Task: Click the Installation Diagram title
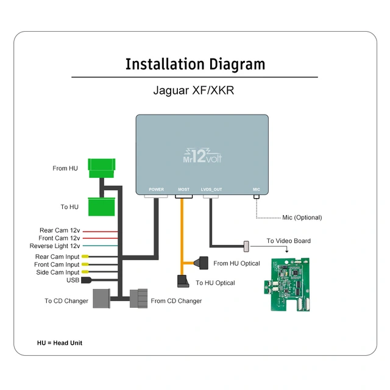[195, 65]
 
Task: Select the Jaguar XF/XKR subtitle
[194, 91]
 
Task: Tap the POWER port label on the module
[157, 190]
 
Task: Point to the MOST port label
[183, 190]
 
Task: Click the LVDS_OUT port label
[211, 190]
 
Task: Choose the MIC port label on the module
[257, 190]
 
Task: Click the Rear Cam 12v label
[59, 230]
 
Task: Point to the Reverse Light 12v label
[55, 246]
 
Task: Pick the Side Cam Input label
[58, 272]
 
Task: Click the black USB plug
[86, 280]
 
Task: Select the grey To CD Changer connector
[99, 299]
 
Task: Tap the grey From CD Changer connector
[139, 299]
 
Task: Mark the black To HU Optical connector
[183, 282]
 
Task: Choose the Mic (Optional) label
[302, 218]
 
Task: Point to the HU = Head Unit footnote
[60, 343]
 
